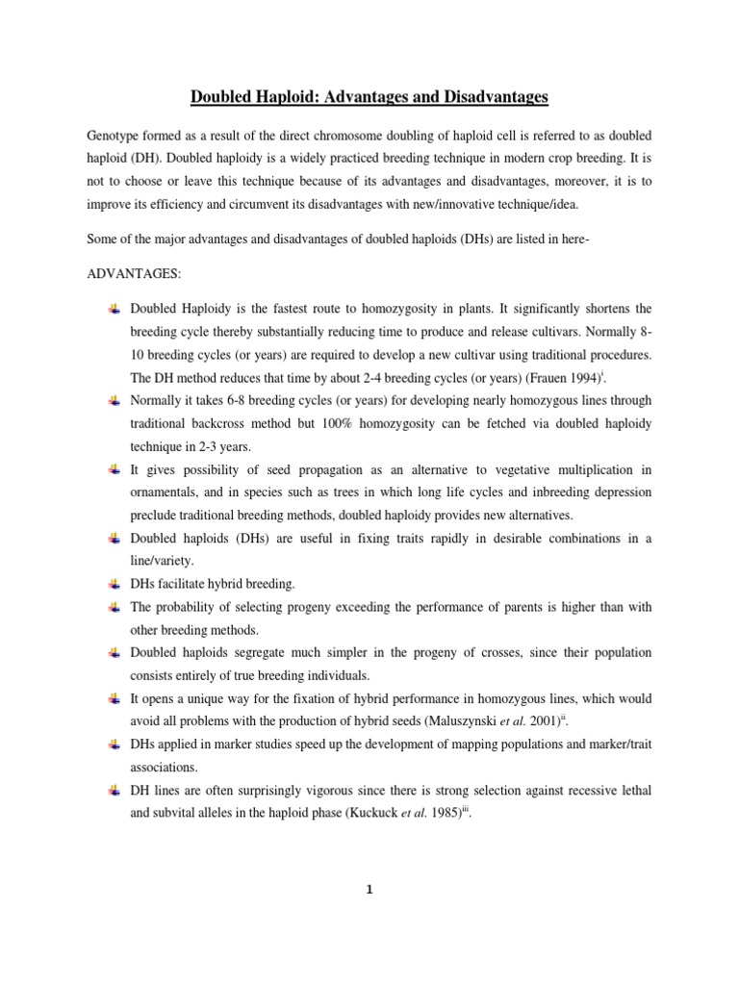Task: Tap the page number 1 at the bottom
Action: tap(369, 890)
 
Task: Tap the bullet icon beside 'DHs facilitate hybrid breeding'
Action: tap(115, 584)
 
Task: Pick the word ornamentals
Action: tap(164, 492)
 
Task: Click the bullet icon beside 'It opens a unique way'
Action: tap(115, 699)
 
